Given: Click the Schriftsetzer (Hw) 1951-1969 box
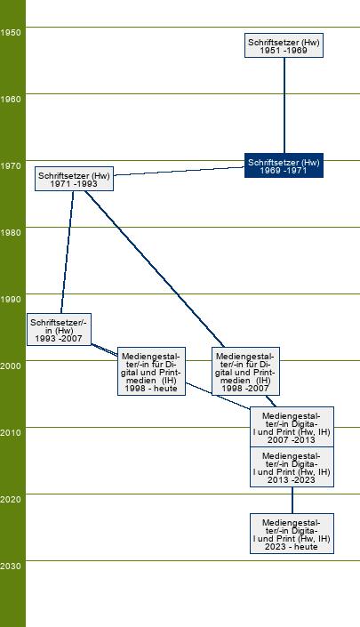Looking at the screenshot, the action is (284, 45).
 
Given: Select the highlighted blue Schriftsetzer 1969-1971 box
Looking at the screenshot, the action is (284, 165).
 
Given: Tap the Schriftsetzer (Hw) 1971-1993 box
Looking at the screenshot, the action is (75, 179).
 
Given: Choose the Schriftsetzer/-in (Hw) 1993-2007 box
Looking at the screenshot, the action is (60, 329).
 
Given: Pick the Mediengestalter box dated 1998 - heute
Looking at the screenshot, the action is (151, 372).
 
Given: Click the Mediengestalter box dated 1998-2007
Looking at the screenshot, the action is (245, 372).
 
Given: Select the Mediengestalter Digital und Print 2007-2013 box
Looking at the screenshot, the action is (292, 427).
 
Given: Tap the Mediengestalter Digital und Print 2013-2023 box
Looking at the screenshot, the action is (292, 467).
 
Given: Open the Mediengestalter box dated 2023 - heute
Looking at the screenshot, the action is (292, 534).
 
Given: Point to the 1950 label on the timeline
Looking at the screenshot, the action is (11, 32).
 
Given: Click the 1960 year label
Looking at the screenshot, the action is (11, 100).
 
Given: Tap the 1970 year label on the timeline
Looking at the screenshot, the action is (11, 166).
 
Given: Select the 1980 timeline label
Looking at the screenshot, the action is (11, 233).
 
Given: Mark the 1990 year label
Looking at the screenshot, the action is (11, 299).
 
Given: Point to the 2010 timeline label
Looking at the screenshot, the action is (11, 432).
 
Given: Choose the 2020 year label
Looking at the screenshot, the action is (11, 500).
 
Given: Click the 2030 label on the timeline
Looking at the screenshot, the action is (11, 567).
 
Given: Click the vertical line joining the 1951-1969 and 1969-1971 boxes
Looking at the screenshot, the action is (284, 106).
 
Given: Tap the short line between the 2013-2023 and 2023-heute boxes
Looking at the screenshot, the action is (292, 500).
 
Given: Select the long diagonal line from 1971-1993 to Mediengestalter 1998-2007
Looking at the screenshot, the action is (155, 269).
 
